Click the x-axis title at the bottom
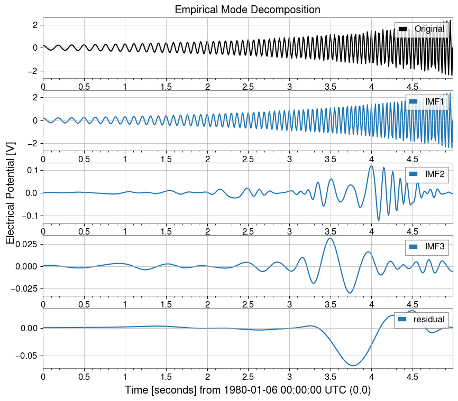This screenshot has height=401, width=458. click(248, 390)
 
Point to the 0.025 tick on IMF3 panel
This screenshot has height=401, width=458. click(26, 244)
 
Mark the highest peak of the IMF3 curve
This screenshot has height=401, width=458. click(330, 238)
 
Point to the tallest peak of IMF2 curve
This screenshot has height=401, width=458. click(371, 166)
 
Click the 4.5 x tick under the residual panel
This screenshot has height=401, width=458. click(413, 377)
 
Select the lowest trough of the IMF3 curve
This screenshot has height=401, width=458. click(350, 293)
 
